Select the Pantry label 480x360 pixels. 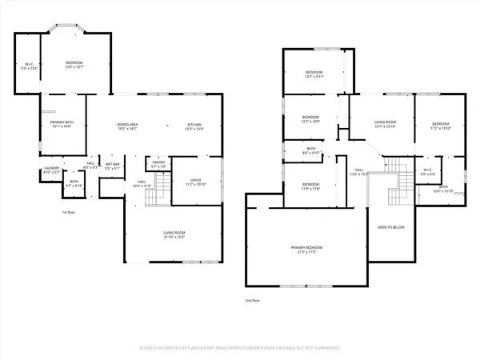158,164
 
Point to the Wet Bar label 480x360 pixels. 113,166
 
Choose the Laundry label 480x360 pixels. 50,170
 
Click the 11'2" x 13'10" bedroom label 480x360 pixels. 441,125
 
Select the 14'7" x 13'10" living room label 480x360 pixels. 386,125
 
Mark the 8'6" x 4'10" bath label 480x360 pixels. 311,150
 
